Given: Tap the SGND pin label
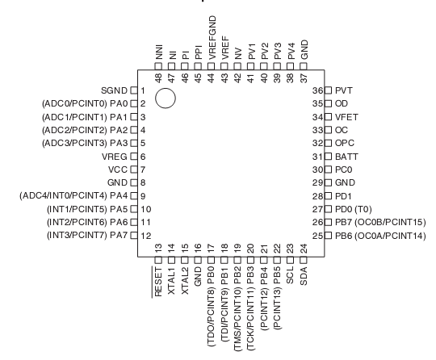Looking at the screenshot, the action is [x=114, y=90].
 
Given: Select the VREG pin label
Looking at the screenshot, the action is [x=115, y=157].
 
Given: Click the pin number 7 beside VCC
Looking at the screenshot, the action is [x=143, y=170].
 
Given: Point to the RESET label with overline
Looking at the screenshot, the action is [x=157, y=282].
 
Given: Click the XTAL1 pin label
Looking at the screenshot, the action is [x=171, y=281].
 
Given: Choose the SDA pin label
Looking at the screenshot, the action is [x=304, y=276].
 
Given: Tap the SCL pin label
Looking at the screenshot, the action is [x=290, y=275].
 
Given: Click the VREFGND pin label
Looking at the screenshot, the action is [x=212, y=37].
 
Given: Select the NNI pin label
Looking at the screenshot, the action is [x=158, y=52].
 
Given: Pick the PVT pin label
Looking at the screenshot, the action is [x=344, y=90].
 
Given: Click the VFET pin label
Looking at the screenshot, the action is [x=346, y=117].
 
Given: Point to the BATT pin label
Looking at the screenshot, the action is [x=346, y=157].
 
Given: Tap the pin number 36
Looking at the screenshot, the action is [x=317, y=90].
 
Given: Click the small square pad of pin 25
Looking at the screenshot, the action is [x=329, y=236].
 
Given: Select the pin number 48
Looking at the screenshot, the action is [x=158, y=78].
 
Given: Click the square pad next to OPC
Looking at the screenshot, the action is [x=329, y=143].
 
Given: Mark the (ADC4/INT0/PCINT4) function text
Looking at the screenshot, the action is [x=63, y=196].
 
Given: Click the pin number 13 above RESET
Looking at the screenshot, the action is [x=158, y=248].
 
